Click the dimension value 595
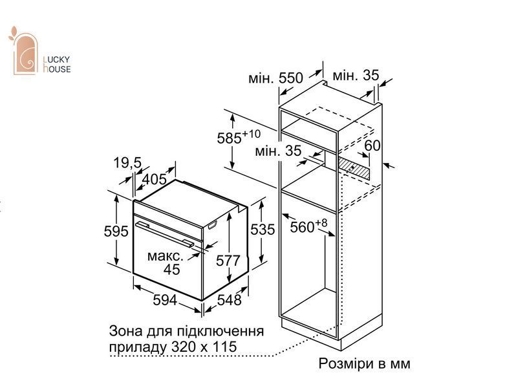116,232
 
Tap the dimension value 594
165,300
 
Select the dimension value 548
229,300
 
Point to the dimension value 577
228,261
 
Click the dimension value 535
263,230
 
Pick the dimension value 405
155,179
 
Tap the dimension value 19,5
127,162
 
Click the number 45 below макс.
171,269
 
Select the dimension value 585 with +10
239,137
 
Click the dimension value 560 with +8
308,226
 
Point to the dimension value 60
372,145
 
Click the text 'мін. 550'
275,78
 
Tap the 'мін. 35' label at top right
356,76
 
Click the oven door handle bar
165,234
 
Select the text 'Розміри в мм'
365,363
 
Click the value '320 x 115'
204,347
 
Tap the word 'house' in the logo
57,69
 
